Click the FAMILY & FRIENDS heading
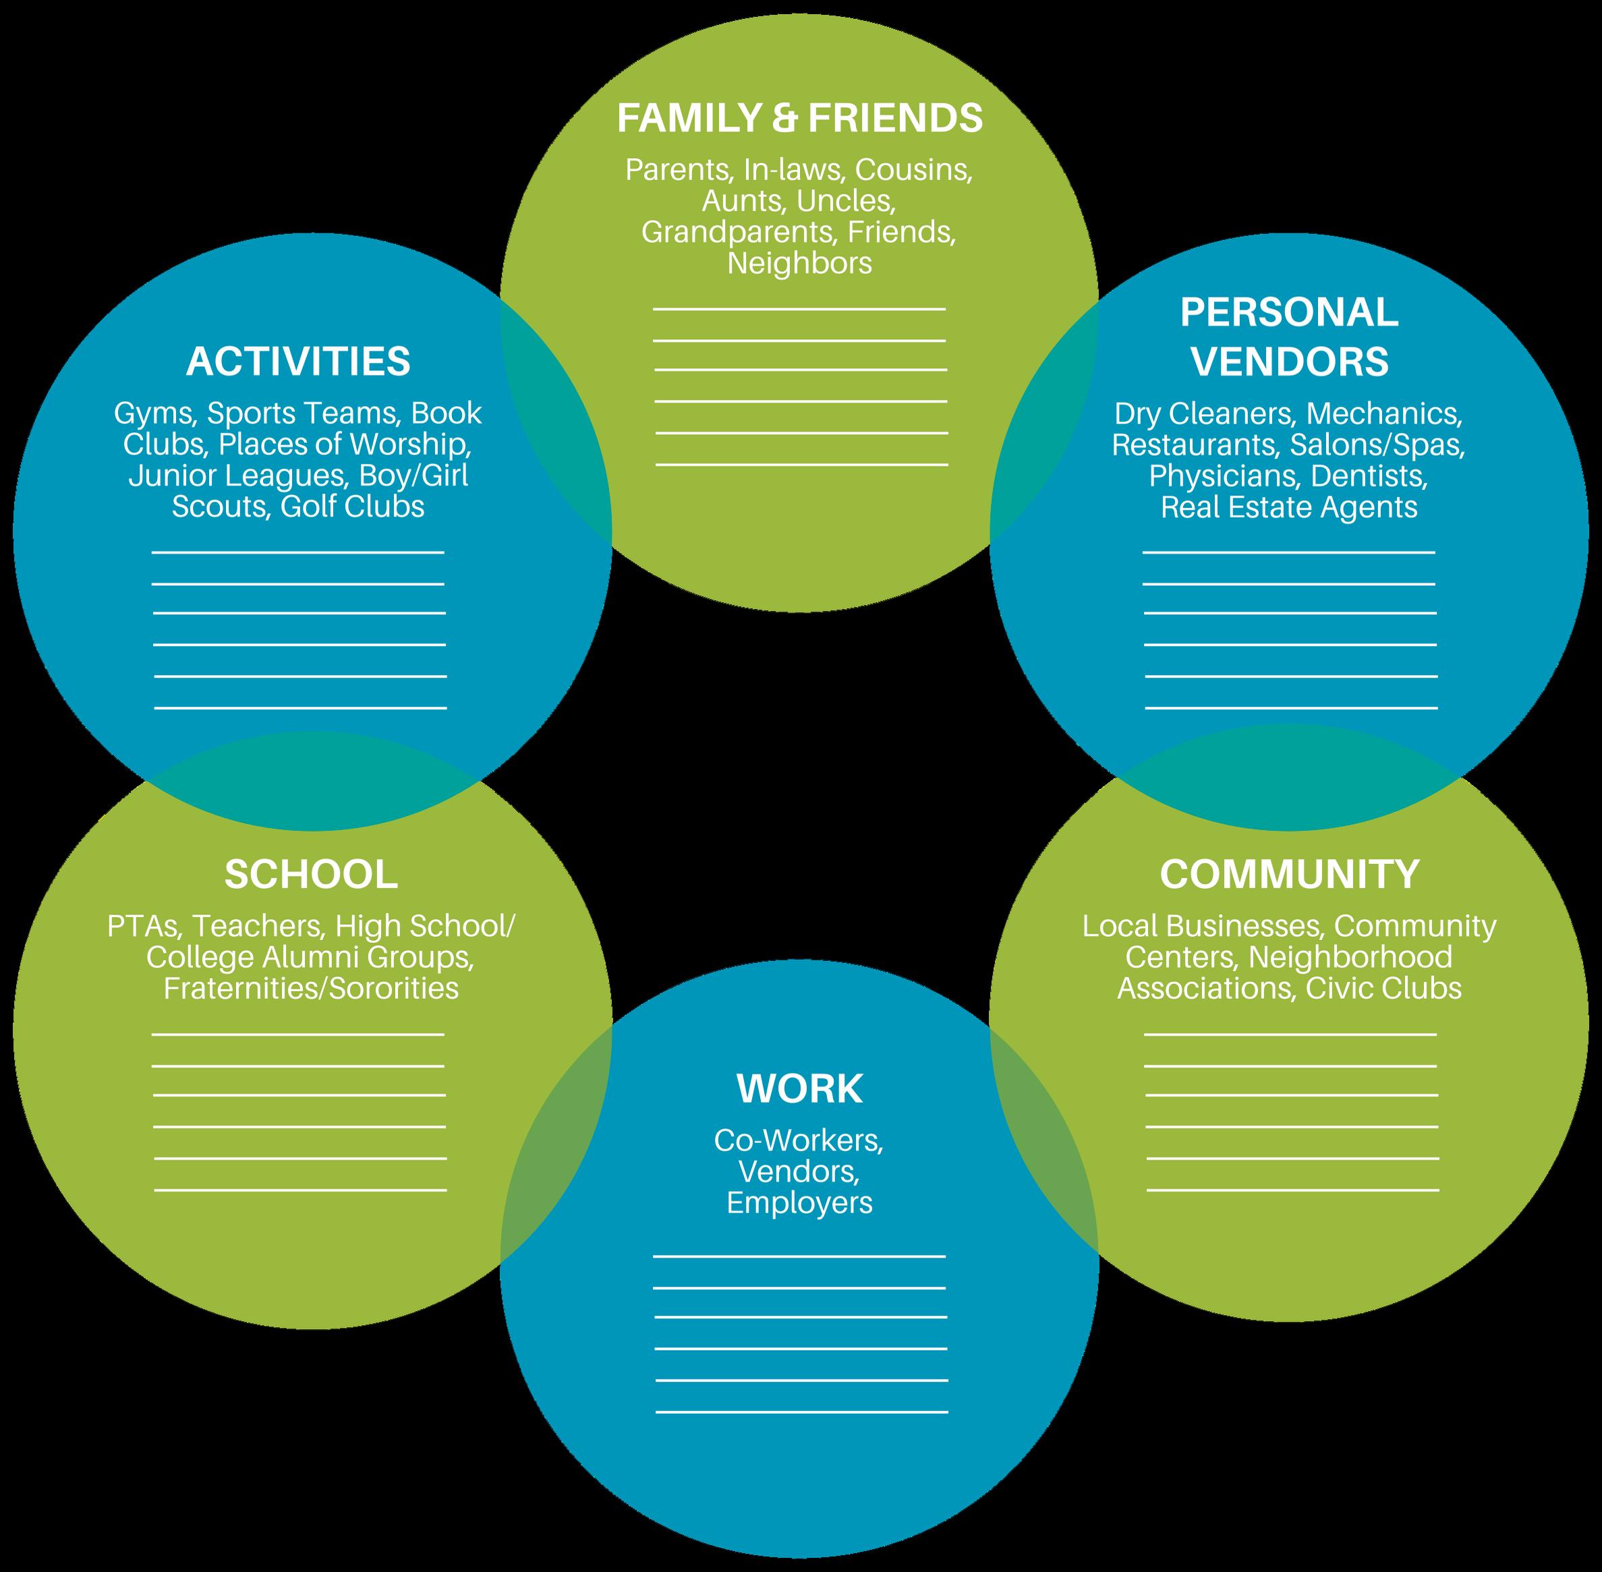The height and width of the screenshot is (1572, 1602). [x=799, y=118]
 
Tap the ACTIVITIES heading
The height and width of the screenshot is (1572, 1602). [x=298, y=361]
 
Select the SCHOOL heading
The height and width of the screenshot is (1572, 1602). [x=312, y=874]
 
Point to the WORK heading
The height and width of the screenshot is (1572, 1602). [x=799, y=1089]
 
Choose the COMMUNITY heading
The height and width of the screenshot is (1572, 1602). [x=1289, y=874]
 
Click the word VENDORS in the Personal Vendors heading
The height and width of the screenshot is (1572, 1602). [x=1290, y=361]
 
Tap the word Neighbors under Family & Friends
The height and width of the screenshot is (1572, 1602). [x=799, y=264]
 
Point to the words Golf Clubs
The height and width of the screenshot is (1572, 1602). [x=353, y=506]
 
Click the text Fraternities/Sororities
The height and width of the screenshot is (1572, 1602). [x=312, y=988]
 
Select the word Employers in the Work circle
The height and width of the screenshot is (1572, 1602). [x=799, y=1203]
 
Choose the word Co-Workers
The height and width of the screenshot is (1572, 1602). [x=799, y=1140]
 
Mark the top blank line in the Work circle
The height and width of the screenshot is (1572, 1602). [x=799, y=1256]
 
